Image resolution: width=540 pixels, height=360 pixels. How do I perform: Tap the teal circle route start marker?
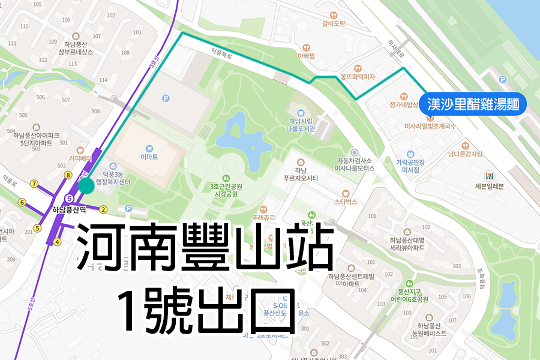point(86,185)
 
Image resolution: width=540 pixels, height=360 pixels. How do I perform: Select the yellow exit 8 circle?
point(68,175)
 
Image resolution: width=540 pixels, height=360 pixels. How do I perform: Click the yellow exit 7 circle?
point(34,184)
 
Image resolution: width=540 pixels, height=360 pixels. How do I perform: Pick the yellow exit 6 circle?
point(22,203)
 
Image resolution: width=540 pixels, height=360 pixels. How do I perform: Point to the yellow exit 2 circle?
point(103,209)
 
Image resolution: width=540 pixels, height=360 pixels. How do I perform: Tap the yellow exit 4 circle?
point(58,242)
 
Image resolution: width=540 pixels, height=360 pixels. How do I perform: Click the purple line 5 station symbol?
point(70,198)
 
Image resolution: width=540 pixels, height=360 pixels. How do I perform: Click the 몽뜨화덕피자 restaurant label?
point(358,77)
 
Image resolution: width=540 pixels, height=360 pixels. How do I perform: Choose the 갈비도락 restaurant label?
point(334,24)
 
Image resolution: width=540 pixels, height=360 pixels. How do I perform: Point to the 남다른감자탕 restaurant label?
point(465,154)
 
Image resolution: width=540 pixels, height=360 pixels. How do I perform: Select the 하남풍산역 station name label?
point(70,209)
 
